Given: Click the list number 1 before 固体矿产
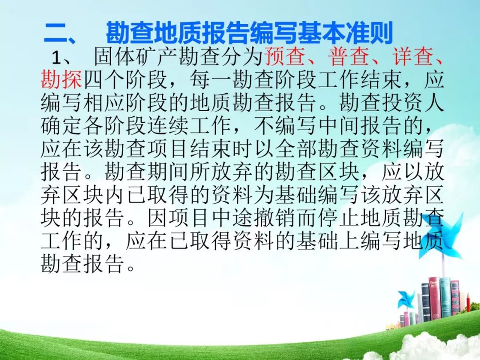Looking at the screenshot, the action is (56, 57).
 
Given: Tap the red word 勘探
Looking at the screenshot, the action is (61, 80).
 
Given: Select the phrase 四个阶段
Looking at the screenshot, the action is (125, 80).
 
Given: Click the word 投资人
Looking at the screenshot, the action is (412, 103).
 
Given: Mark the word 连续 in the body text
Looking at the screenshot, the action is (168, 125).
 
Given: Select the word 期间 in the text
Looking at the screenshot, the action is (168, 172).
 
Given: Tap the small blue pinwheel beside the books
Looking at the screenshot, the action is (406, 299).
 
